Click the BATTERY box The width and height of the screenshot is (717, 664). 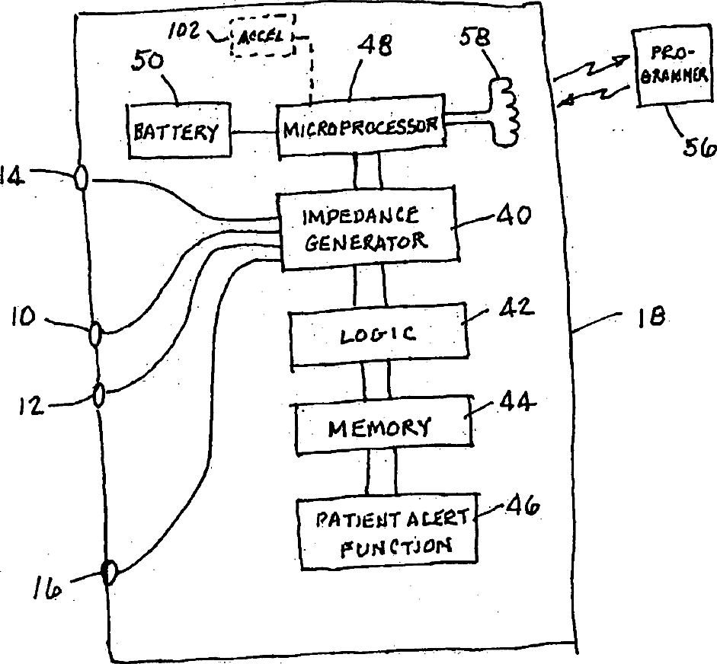point(179,131)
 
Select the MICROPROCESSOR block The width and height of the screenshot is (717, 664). point(361,125)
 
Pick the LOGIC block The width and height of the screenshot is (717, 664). point(379,334)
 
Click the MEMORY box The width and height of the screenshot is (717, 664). point(383,426)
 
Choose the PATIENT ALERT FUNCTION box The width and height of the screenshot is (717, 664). point(388,532)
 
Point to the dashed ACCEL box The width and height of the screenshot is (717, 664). point(262,36)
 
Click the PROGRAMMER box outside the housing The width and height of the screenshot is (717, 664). point(673,67)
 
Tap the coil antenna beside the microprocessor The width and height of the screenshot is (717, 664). point(505,112)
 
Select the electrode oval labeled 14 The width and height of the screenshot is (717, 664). point(81,177)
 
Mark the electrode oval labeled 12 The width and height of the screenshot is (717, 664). point(99,395)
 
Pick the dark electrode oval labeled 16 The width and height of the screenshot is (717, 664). point(110,573)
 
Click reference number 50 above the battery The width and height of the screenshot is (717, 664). point(147,61)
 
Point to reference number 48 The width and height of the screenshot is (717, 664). point(375,46)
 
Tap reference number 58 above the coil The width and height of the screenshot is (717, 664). point(475,37)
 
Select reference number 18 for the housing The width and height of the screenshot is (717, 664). point(651,316)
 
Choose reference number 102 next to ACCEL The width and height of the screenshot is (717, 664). point(184,30)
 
